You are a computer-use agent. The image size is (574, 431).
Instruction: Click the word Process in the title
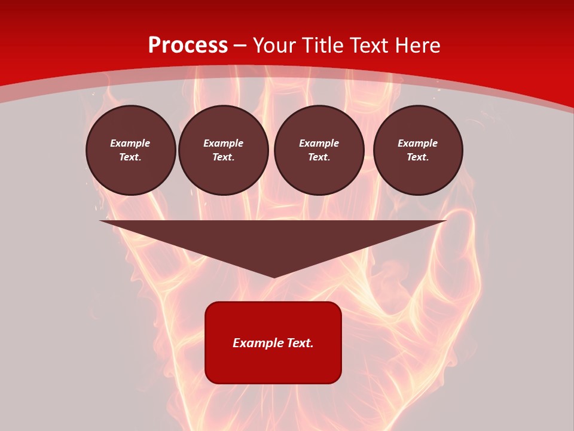point(188,45)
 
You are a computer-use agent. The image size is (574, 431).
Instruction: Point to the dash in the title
point(240,46)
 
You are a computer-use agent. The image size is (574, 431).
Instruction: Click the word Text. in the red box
point(299,343)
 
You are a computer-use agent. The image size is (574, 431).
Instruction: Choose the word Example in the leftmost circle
point(130,143)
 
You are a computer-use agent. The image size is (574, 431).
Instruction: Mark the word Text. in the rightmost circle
point(418,157)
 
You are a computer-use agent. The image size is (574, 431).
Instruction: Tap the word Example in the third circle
point(319,143)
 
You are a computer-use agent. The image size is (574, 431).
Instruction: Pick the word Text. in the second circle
point(224,157)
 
